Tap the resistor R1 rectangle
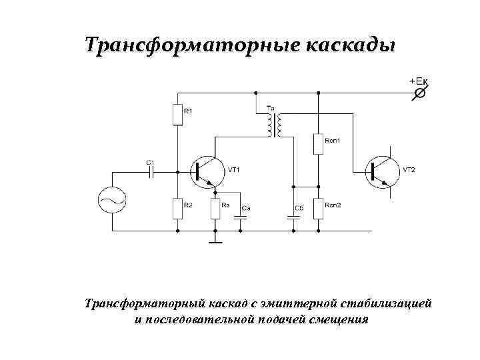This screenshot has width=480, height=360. coord(177,114)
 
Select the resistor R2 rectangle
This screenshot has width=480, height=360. coord(177,208)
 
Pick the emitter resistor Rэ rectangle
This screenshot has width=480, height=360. coord(215,208)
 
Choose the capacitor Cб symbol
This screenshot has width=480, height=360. coord(293,217)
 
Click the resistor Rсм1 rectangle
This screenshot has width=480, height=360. coord(318,143)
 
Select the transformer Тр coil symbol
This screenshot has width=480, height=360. coord(273,123)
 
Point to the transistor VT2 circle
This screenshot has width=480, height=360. coord(381,171)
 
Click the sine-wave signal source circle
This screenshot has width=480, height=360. coord(111,200)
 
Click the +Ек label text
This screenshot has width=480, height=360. coord(419,81)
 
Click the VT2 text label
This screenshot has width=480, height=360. coord(409,170)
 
